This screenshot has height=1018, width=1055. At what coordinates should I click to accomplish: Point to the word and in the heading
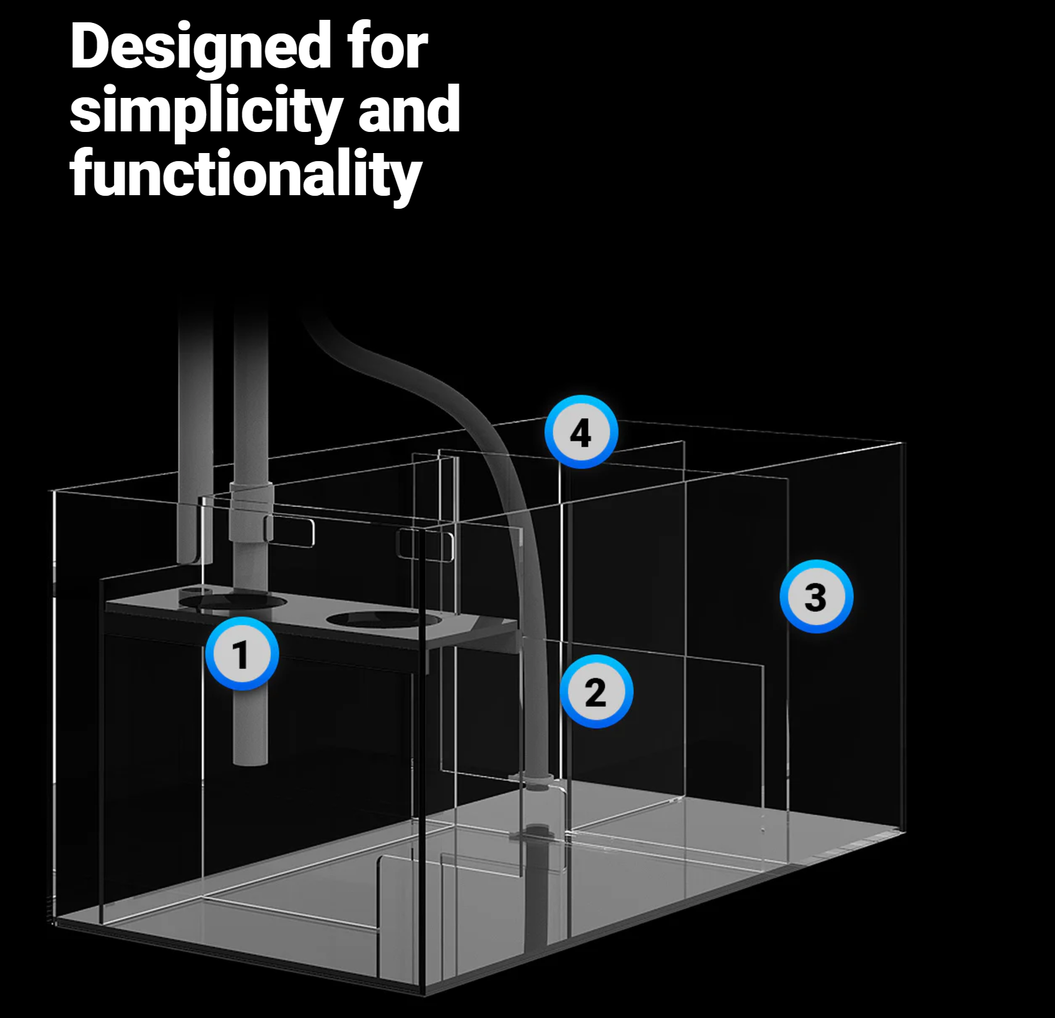(x=409, y=109)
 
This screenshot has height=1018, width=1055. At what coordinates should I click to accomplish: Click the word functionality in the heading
(x=246, y=174)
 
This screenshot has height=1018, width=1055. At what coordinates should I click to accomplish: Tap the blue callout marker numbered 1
(x=242, y=654)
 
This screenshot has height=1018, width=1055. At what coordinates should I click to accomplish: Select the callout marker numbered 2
(x=596, y=691)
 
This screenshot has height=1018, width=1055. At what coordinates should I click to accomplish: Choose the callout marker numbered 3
(x=816, y=597)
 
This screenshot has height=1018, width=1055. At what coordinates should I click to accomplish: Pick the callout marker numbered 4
(x=581, y=432)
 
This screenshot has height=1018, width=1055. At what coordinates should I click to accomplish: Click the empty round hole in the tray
(x=384, y=619)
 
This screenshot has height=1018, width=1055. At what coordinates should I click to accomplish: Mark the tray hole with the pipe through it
(x=234, y=601)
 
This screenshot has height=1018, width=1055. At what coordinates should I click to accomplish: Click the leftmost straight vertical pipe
(x=195, y=434)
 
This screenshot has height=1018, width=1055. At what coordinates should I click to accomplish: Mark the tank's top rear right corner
(x=904, y=442)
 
